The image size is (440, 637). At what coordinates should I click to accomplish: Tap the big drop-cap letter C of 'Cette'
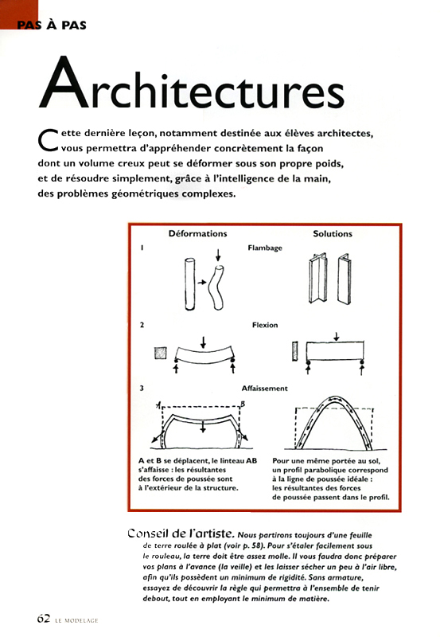[x=48, y=139]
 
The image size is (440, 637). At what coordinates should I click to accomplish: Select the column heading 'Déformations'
[x=197, y=234]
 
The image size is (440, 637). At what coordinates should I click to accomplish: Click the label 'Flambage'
[x=265, y=248]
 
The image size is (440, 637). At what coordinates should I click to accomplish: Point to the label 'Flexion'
[x=265, y=325]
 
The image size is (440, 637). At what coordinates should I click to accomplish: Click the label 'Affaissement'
[x=265, y=388]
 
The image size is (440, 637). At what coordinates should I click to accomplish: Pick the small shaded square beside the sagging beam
[x=162, y=350]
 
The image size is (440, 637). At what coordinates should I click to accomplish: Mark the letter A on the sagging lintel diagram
[x=158, y=406]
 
